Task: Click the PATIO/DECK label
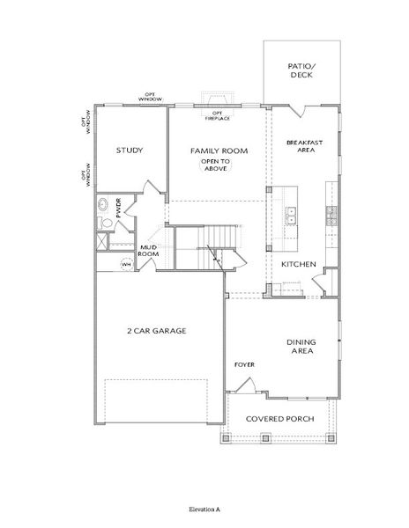tap(301, 70)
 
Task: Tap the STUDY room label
tap(130, 150)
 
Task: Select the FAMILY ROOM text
tap(219, 151)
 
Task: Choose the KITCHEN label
tap(298, 264)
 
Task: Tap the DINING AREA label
tap(302, 348)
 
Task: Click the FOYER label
tap(244, 363)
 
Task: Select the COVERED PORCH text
tap(281, 418)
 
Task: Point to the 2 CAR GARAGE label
tap(155, 331)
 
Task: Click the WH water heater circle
tap(125, 263)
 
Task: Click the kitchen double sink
tap(292, 214)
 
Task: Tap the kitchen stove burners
tap(331, 212)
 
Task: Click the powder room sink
tap(103, 208)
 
